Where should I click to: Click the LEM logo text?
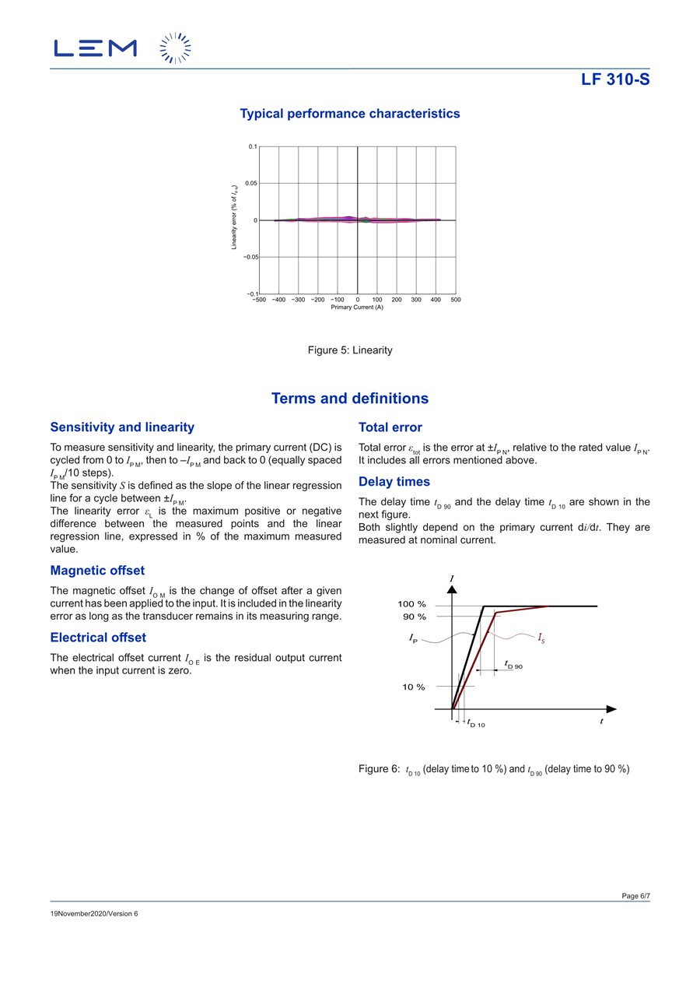[x=95, y=48]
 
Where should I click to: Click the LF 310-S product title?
[x=615, y=79]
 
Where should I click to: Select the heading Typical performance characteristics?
[x=350, y=114]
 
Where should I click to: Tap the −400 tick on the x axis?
[x=279, y=300]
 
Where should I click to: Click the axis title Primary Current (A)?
[x=357, y=307]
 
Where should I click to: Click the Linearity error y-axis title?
[x=234, y=217]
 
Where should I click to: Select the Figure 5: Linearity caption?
[x=350, y=350]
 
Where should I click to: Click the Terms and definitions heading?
[x=350, y=399]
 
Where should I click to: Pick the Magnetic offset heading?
[x=97, y=571]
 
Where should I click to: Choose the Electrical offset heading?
[x=98, y=638]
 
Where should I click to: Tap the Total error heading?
[x=390, y=427]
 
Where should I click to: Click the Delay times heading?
[x=394, y=482]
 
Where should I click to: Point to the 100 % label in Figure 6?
[x=412, y=605]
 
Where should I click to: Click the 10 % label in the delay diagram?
[x=414, y=687]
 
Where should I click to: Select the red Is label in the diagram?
[x=541, y=638]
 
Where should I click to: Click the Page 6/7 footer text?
[x=635, y=896]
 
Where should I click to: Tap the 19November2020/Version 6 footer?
[x=94, y=913]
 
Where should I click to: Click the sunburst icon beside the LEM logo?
[x=175, y=48]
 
